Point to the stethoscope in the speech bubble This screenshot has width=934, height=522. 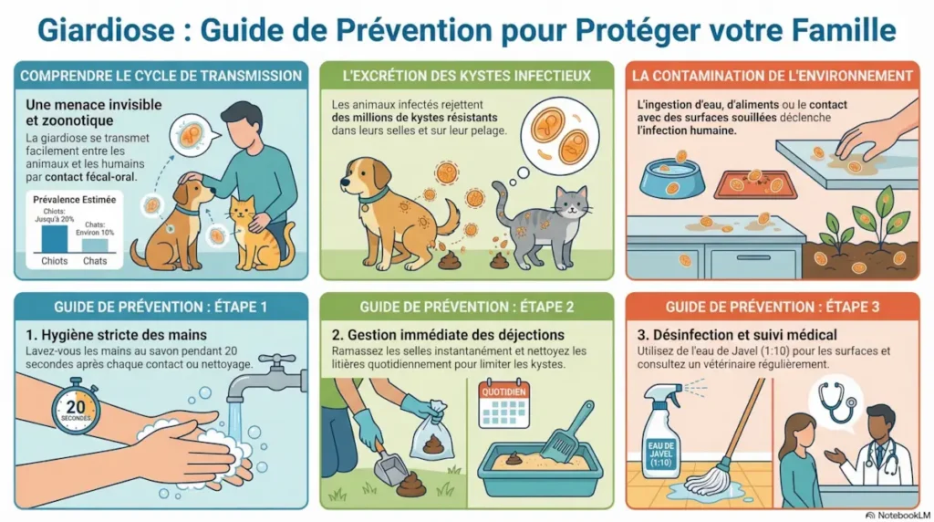click(833, 399)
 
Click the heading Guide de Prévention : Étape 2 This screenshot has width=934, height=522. click(466, 308)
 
